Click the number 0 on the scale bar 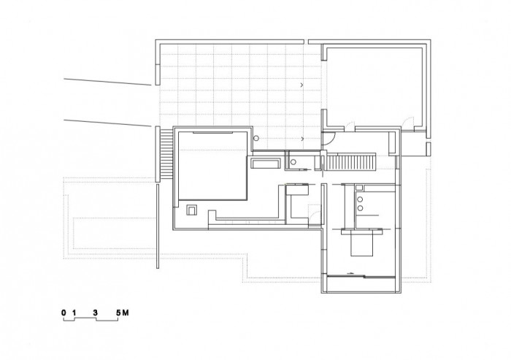tap(64, 313)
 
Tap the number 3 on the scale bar tap(96, 313)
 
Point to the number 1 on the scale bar tap(74, 313)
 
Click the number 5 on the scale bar tap(118, 313)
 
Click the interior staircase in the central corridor tap(350, 162)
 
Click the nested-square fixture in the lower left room tap(191, 210)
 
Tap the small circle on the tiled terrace tap(256, 138)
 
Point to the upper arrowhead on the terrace tap(301, 86)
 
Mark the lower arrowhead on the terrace tap(301, 137)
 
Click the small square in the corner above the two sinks tap(358, 188)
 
